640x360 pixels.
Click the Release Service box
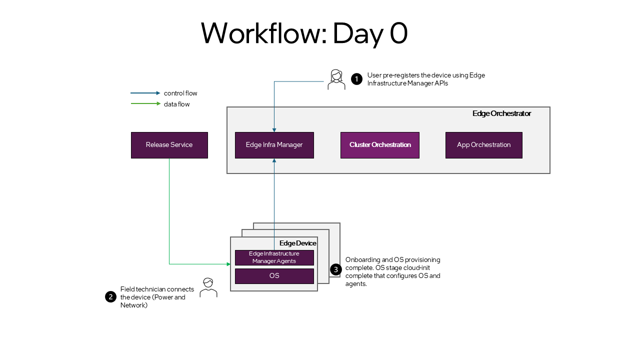(x=169, y=145)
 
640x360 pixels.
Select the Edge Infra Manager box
(x=274, y=145)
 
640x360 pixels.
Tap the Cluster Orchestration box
(x=379, y=145)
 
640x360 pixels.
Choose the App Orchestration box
(x=483, y=145)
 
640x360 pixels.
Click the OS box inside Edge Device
(x=274, y=276)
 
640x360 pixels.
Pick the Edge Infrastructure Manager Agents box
(x=274, y=257)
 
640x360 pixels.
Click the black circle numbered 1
(x=356, y=79)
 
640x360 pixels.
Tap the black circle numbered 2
(x=110, y=297)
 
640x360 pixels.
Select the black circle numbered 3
(x=336, y=269)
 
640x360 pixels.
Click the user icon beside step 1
(x=336, y=79)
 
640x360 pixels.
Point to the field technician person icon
(x=208, y=287)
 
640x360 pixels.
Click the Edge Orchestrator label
(x=501, y=113)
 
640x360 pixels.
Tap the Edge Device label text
(x=297, y=243)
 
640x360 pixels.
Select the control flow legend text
(x=180, y=93)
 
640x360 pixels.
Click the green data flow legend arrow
(x=145, y=104)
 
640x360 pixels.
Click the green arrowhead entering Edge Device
(x=228, y=264)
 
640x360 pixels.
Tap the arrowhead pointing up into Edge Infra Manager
(x=274, y=161)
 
